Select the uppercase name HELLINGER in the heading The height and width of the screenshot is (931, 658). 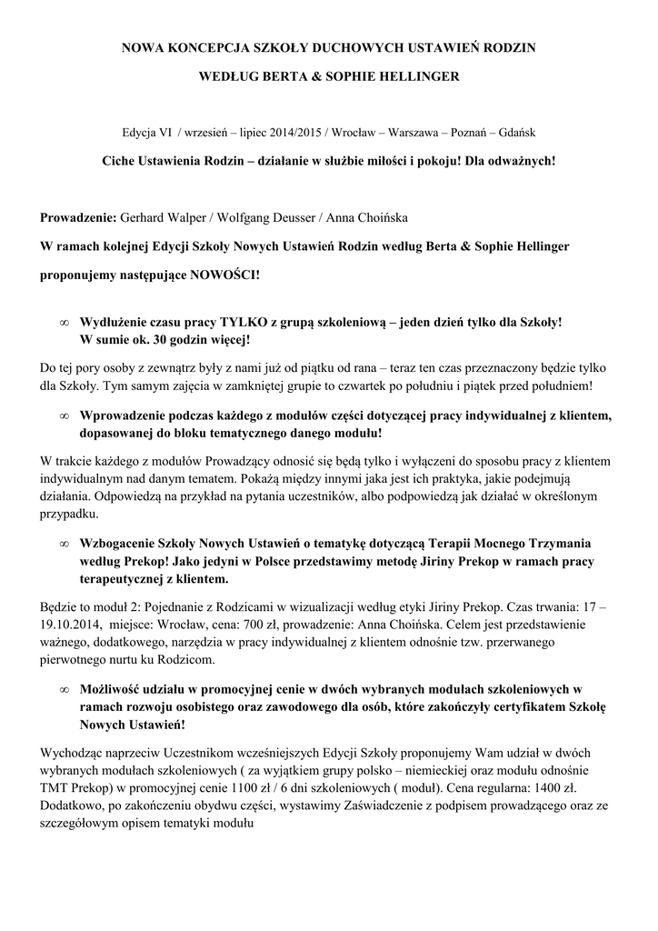click(419, 76)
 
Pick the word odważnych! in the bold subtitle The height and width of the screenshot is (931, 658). click(522, 160)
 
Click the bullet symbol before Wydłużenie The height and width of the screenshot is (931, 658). click(64, 323)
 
